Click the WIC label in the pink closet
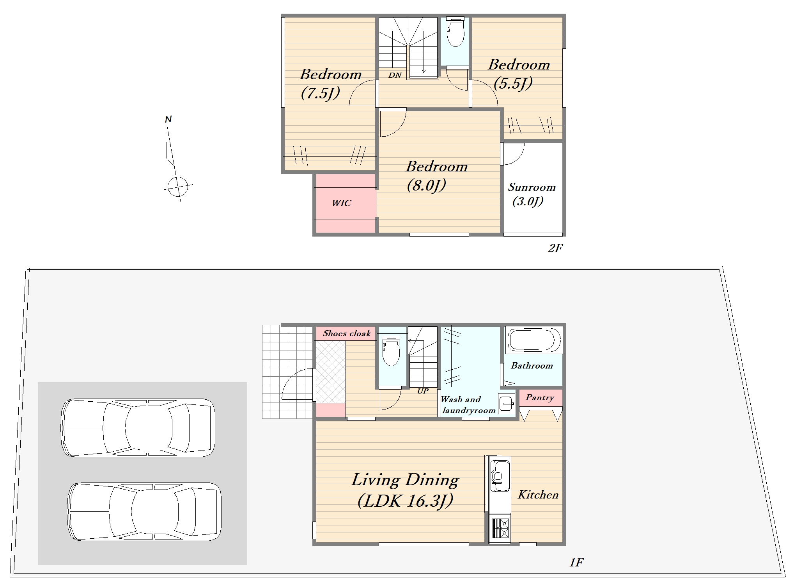pos(341,203)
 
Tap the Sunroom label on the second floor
pos(532,187)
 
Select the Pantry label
pos(540,398)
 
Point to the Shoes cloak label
pos(347,333)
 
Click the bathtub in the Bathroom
pos(534,340)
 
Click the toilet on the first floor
pos(391,350)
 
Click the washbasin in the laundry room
pos(507,403)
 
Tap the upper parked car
pos(138,427)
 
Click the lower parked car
pos(144,512)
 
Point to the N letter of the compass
pos(168,119)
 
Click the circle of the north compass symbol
pos(178,187)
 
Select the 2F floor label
pos(555,248)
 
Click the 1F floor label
pos(576,562)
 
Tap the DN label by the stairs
pos(395,75)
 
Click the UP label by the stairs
pos(423,391)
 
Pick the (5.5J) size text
pos(513,83)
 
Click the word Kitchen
pos(538,495)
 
